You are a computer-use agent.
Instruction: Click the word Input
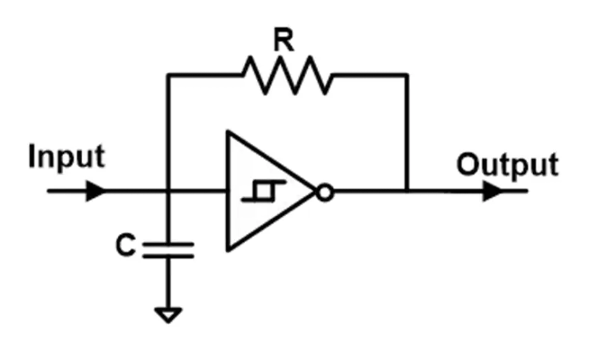tap(67, 158)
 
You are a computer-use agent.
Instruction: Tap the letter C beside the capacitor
tap(127, 246)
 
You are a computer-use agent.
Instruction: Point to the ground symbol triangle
tap(169, 314)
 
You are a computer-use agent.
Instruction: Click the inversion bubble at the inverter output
tap(325, 193)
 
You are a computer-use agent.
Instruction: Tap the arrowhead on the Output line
tap(491, 193)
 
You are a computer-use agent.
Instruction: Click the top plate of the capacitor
tap(169, 242)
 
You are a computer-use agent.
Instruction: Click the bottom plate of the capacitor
tap(169, 255)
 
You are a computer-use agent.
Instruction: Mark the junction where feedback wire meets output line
tap(406, 193)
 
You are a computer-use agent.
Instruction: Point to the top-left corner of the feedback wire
tap(169, 74)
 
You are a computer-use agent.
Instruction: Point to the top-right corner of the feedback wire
tap(406, 74)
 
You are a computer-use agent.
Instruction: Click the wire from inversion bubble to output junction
tap(368, 193)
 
